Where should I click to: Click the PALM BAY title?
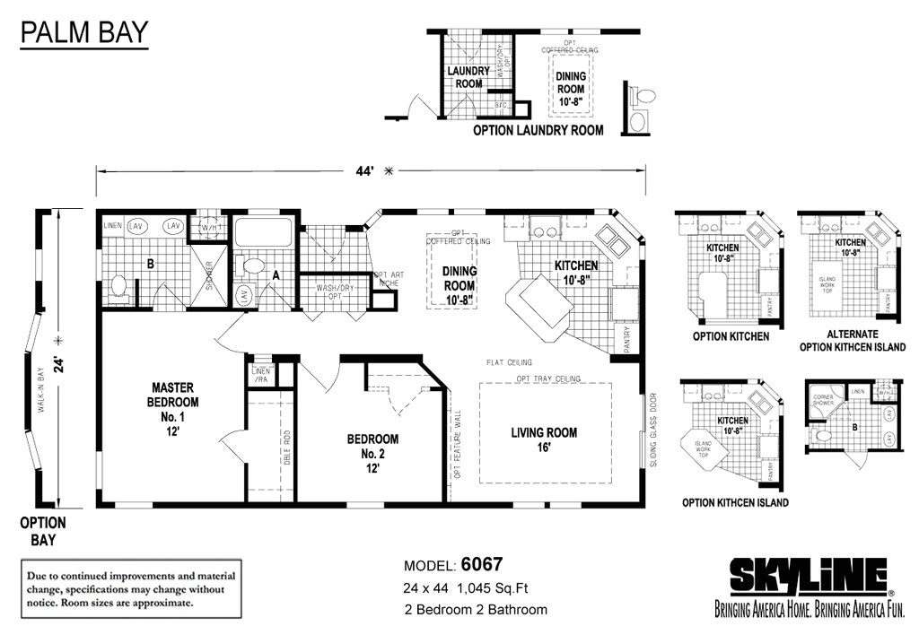point(83,34)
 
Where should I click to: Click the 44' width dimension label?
point(369,171)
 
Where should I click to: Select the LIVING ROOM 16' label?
point(544,439)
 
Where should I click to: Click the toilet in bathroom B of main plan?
point(118,286)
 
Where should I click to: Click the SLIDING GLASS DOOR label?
point(652,428)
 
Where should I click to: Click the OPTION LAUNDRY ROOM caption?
point(538,130)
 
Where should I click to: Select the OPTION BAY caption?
point(43,531)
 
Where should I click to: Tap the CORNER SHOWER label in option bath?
point(825,400)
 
